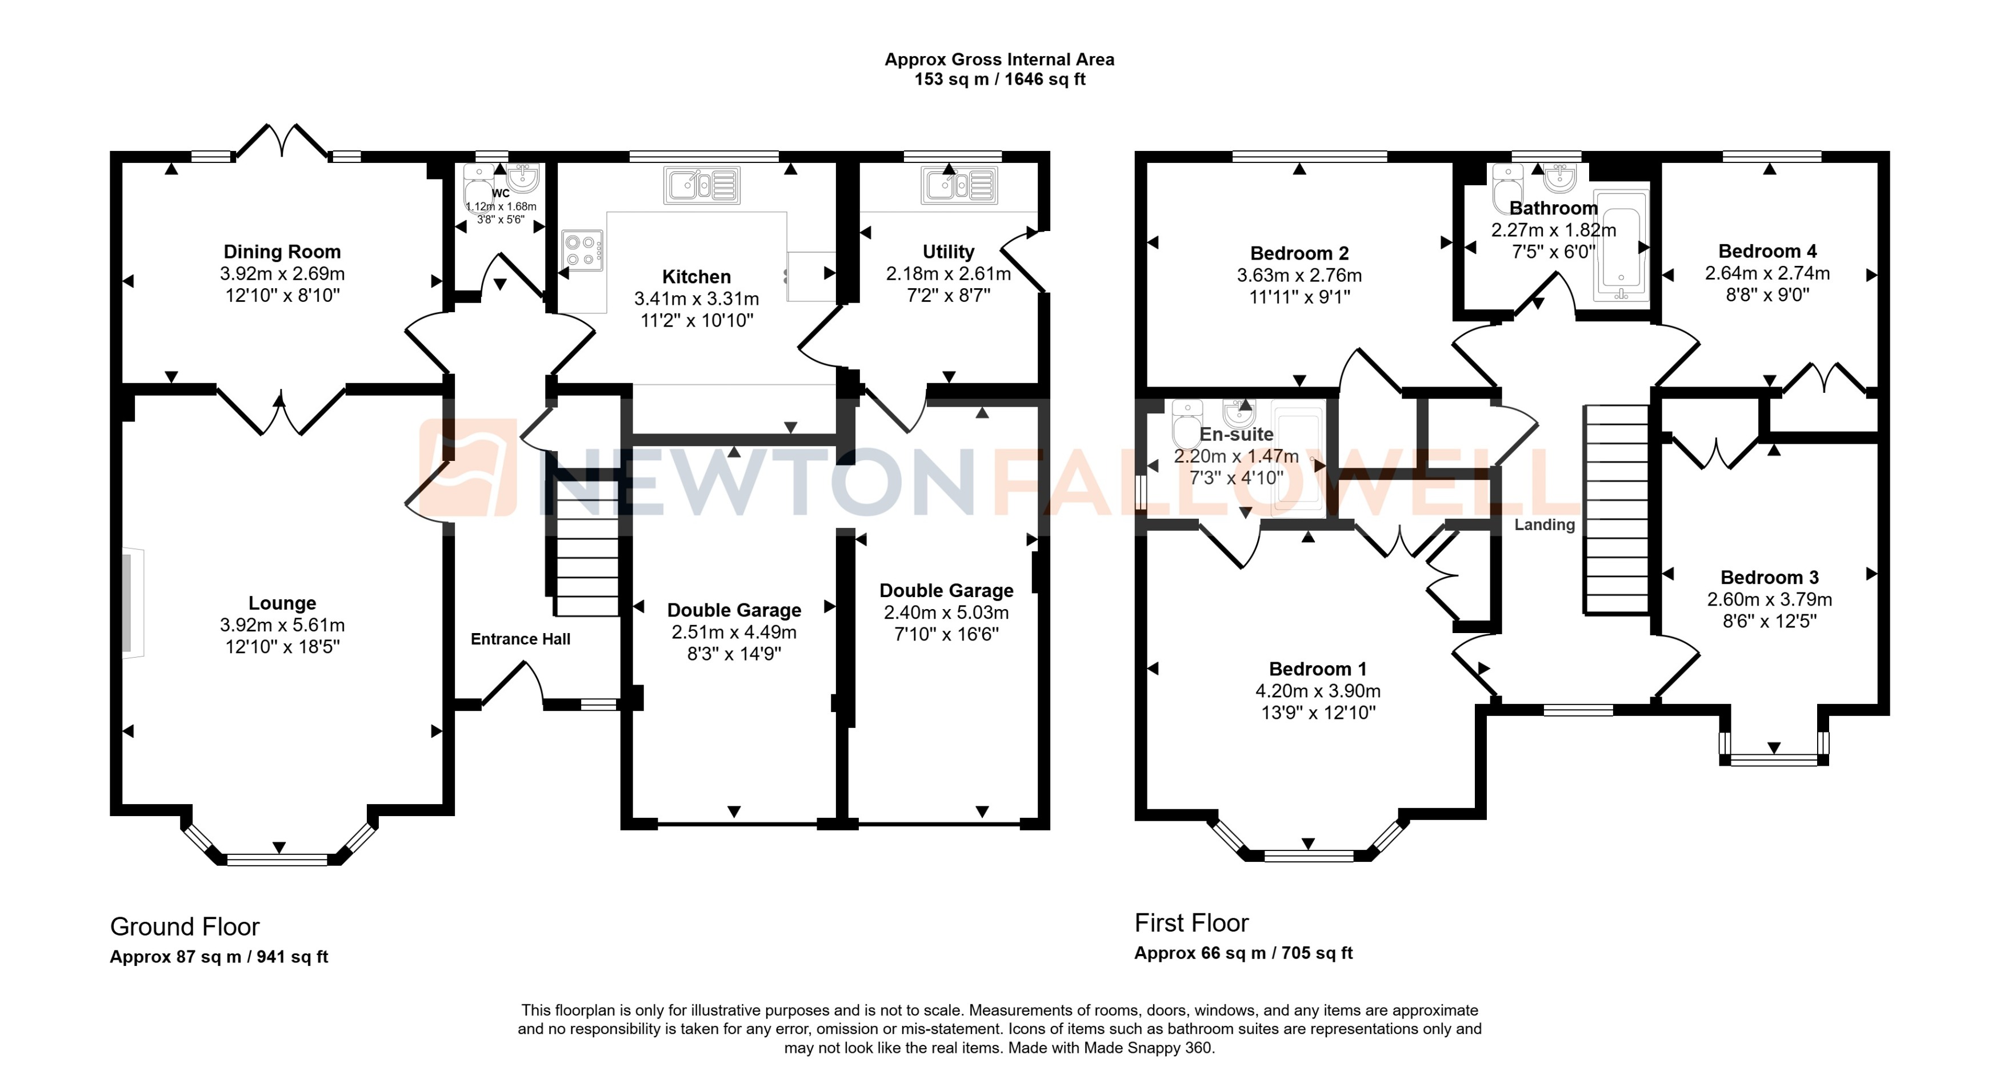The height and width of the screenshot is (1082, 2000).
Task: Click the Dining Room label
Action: pos(282,252)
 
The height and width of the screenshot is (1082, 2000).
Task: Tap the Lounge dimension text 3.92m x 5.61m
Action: pos(282,625)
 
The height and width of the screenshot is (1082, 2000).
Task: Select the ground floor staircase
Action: pos(587,548)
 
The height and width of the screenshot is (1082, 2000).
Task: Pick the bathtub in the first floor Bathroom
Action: pos(1621,245)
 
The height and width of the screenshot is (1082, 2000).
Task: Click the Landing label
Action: pos(1544,525)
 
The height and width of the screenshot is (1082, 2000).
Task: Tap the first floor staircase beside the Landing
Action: pos(1615,509)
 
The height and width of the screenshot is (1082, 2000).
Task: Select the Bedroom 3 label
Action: pos(1769,577)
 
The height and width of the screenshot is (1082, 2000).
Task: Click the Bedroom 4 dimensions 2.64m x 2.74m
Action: pos(1767,273)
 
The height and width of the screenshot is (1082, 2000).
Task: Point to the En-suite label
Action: pos(1236,434)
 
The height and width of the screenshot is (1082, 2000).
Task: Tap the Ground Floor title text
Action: pos(185,926)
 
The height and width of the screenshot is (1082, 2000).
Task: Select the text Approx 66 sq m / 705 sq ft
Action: pos(1243,953)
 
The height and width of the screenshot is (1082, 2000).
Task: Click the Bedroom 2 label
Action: pos(1299,253)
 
